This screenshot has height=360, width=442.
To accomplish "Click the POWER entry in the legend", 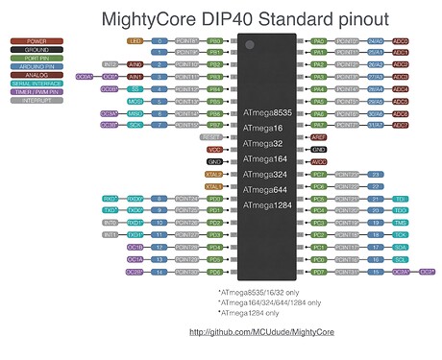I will coord(37,42).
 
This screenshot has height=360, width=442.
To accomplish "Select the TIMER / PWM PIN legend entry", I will coord(37,91).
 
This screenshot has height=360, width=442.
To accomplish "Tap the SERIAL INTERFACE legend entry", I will coord(37,83).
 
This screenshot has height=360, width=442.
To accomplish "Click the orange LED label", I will coord(135,42).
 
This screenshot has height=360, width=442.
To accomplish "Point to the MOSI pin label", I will coord(135,101).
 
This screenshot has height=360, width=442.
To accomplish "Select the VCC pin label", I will coord(214,150).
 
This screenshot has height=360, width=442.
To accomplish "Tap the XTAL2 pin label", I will coord(213,174).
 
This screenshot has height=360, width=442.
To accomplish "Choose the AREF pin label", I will coord(319,137).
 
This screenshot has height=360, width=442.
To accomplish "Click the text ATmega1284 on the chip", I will coord(269,204).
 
